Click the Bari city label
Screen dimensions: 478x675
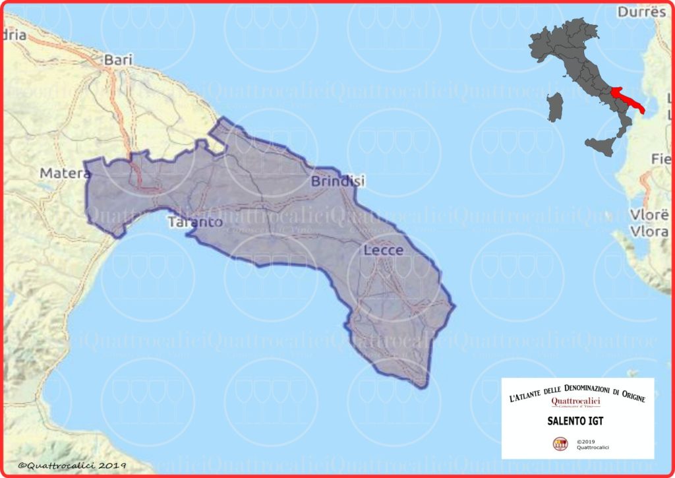point(119,59)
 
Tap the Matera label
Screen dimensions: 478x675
point(65,173)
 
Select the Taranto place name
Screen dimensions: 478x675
point(195,222)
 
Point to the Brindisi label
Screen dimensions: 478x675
point(337,181)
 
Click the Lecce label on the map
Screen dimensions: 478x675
point(383,251)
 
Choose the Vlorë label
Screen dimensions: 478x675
point(650,216)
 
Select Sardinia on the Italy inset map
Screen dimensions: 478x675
point(556,106)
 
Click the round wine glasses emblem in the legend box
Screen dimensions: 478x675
point(560,444)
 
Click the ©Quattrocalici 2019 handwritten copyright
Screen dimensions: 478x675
point(72,465)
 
